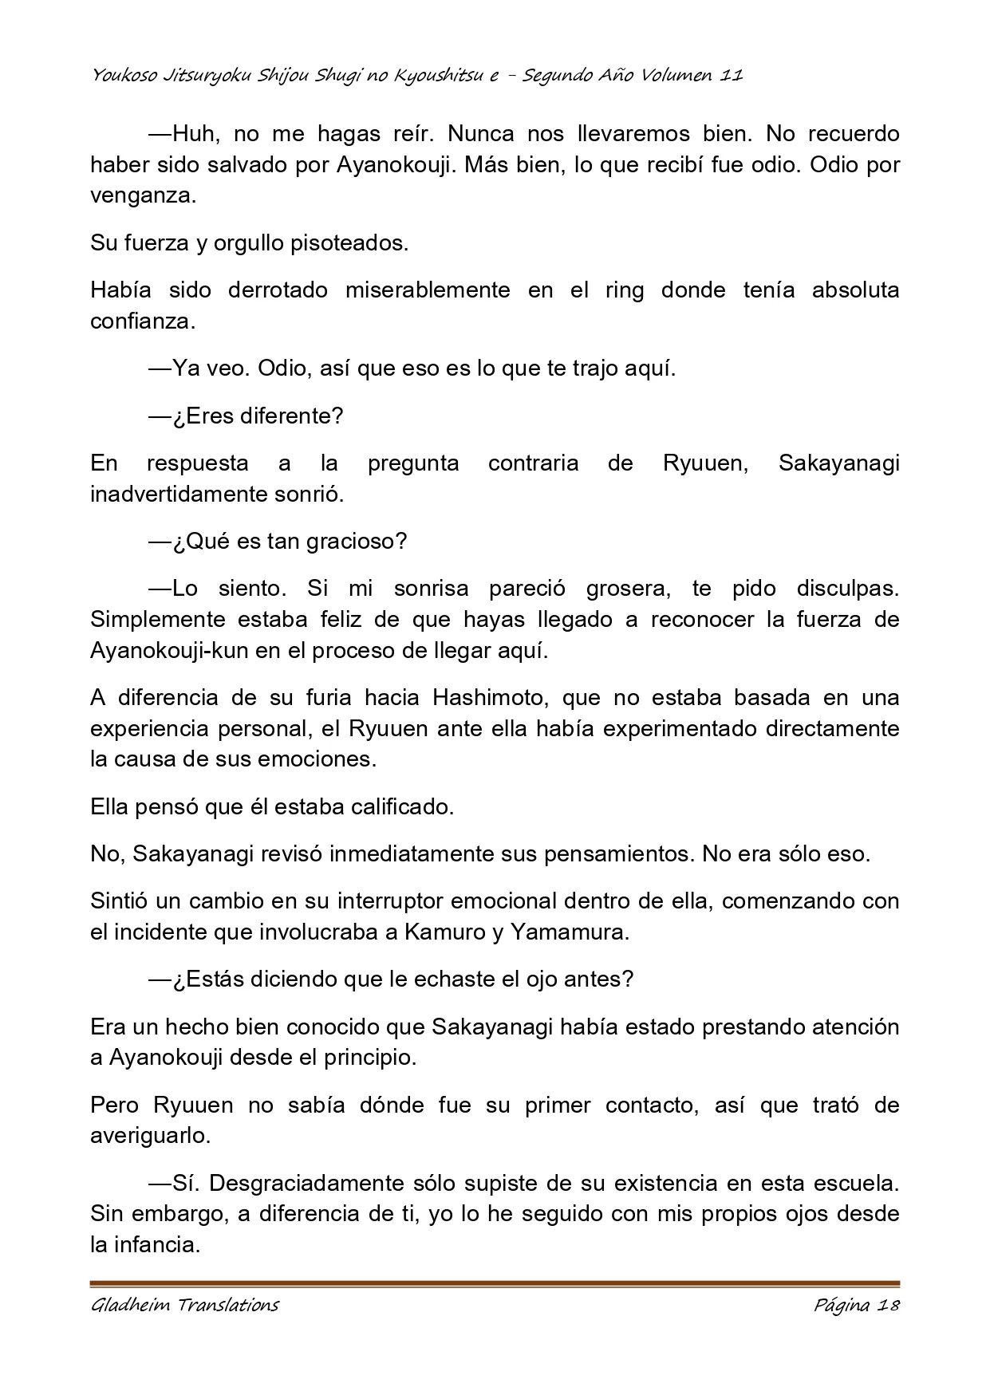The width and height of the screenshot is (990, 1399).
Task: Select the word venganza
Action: click(142, 196)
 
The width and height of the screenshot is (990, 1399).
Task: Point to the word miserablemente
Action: click(428, 290)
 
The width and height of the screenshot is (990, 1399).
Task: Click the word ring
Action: click(625, 290)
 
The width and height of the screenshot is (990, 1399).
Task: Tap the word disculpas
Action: click(847, 589)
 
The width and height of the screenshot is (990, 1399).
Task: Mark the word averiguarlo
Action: click(150, 1137)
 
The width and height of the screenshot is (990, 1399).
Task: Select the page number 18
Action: click(888, 1306)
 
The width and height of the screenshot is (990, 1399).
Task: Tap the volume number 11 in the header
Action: click(731, 76)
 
